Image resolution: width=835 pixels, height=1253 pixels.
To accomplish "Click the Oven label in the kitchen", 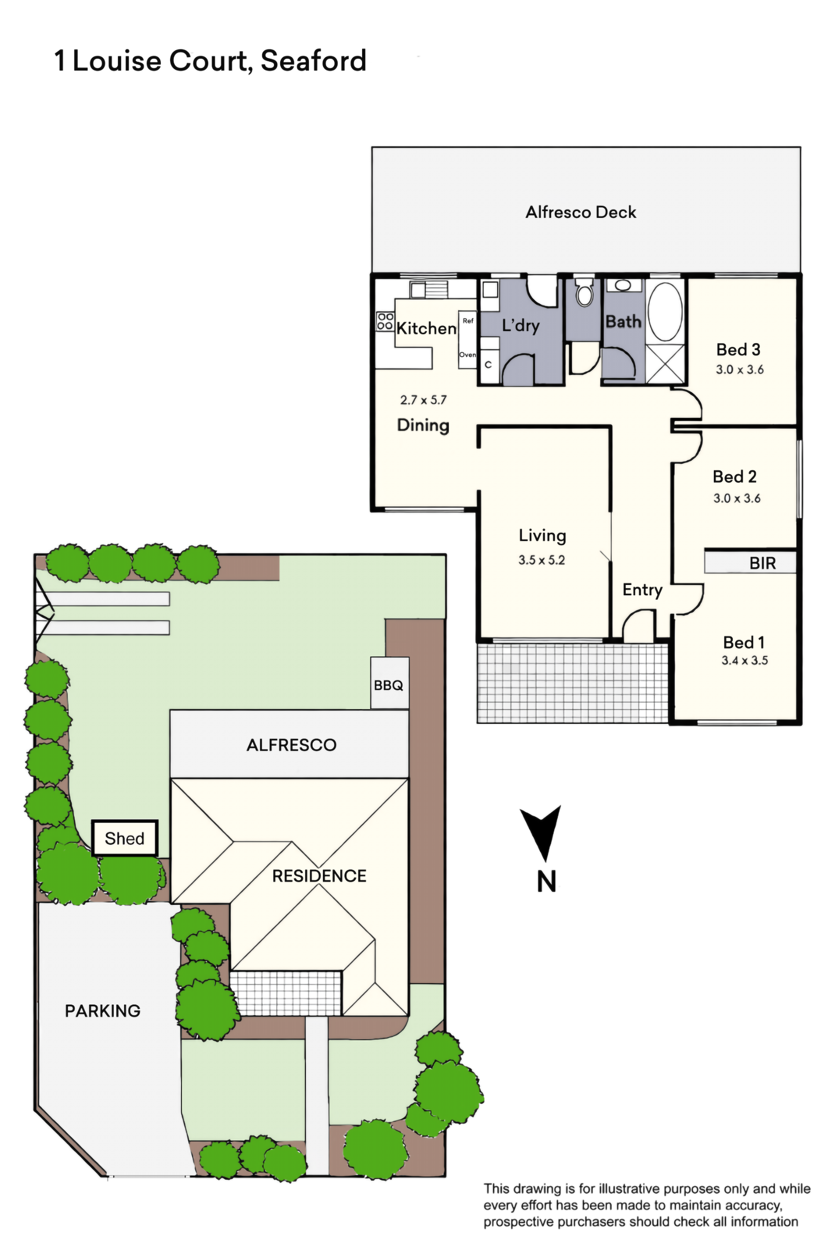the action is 467,355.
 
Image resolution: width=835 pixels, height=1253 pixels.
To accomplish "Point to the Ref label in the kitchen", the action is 468,321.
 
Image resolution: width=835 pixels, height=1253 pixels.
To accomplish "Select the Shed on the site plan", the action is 124,838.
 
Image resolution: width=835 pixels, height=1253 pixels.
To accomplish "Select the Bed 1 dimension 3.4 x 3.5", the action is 745,660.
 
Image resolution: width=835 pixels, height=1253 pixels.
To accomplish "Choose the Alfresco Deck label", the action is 581,213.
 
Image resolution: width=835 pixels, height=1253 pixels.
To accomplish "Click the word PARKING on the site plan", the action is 103,1011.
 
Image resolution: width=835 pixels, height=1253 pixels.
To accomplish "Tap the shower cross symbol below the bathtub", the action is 665,364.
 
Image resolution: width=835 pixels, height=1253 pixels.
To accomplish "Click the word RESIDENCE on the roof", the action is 319,876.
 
